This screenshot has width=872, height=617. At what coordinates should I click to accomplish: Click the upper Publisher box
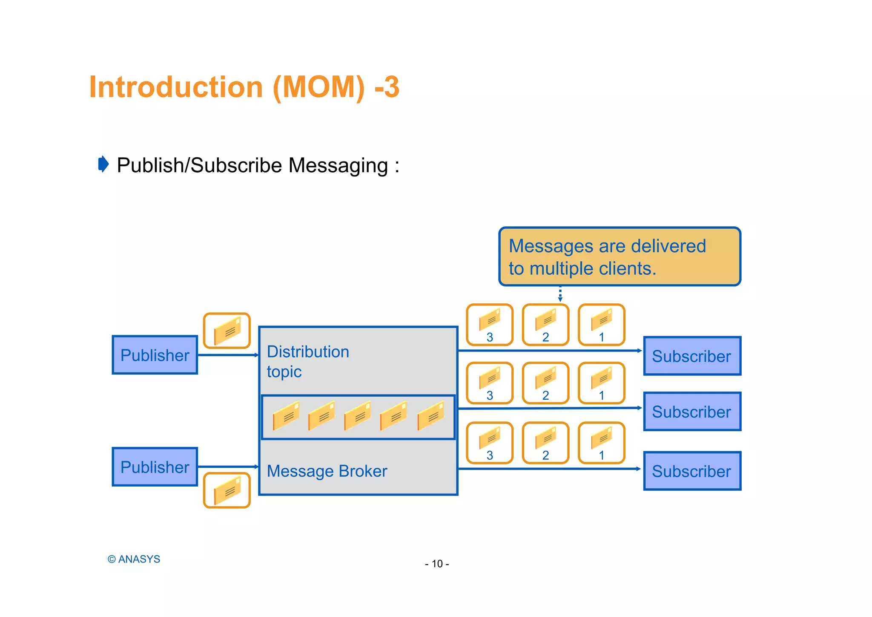click(155, 355)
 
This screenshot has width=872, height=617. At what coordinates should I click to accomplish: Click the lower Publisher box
click(155, 467)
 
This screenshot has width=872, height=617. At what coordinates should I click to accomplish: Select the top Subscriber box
click(692, 356)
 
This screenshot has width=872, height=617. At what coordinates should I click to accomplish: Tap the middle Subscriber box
click(692, 412)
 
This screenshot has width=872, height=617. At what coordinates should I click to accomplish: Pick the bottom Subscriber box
click(692, 471)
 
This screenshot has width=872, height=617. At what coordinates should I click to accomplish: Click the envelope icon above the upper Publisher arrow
click(227, 331)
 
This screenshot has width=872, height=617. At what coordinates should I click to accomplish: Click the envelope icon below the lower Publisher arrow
click(227, 490)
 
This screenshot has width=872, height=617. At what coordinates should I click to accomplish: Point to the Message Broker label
click(327, 471)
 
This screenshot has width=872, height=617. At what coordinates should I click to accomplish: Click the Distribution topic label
click(307, 361)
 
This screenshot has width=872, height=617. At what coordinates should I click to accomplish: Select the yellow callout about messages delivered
click(620, 257)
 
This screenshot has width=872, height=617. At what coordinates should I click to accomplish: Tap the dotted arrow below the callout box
click(560, 294)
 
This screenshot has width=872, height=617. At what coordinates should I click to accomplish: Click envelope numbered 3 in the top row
click(490, 325)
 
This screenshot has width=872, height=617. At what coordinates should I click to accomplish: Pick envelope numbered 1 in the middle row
click(601, 383)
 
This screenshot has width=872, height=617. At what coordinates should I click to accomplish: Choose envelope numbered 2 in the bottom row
click(545, 443)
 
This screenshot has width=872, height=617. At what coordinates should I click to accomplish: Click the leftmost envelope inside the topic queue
click(286, 416)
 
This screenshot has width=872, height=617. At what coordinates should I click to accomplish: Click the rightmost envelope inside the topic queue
click(431, 416)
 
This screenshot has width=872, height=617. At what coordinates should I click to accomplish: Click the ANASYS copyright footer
click(134, 559)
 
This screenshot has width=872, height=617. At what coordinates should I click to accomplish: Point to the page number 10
click(437, 564)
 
